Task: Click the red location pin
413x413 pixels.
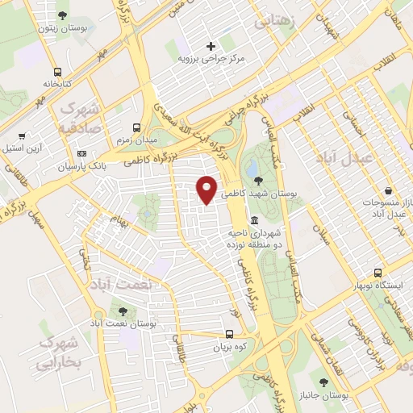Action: tap(207, 188)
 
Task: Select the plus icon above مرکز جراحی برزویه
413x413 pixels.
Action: tap(211, 46)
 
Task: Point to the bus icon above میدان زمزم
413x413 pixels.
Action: tap(136, 128)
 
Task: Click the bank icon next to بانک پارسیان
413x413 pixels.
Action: tap(81, 153)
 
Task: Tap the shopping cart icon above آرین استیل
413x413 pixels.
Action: tap(22, 136)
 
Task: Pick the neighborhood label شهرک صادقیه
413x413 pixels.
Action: tap(79, 118)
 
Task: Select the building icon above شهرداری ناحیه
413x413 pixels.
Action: tap(254, 220)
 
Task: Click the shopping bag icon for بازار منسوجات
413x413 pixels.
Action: tap(390, 191)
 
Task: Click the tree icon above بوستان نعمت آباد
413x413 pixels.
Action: tap(122, 310)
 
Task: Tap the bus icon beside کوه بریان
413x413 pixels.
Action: tap(230, 334)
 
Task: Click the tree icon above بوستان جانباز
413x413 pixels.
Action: tap(323, 381)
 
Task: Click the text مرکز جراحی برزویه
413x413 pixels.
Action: tap(211, 60)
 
